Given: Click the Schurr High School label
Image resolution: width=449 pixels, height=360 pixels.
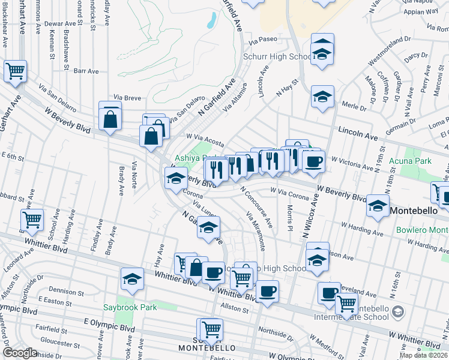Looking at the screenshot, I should tap(276, 57).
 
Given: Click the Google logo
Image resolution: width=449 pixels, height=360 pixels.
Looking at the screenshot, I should tap(20, 352).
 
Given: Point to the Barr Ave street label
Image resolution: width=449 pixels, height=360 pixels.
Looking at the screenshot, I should tap(86, 71).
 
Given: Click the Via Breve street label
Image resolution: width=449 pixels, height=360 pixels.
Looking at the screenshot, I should tap(127, 97).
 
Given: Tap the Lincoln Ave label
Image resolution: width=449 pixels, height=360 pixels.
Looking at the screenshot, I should tap(357, 130).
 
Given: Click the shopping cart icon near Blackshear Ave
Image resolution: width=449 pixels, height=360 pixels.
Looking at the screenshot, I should tap(15, 71).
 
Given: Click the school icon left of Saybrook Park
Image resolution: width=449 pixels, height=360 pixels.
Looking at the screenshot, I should tap(132, 279).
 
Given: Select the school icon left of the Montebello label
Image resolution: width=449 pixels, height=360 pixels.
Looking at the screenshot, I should tap(378, 205).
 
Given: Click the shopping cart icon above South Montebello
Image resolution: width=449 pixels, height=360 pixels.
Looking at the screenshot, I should tap(209, 329).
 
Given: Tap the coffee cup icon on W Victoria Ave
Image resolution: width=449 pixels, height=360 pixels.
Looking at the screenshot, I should tap(313, 161).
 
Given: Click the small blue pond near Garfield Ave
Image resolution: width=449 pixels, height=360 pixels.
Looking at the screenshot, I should tap(211, 22).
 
